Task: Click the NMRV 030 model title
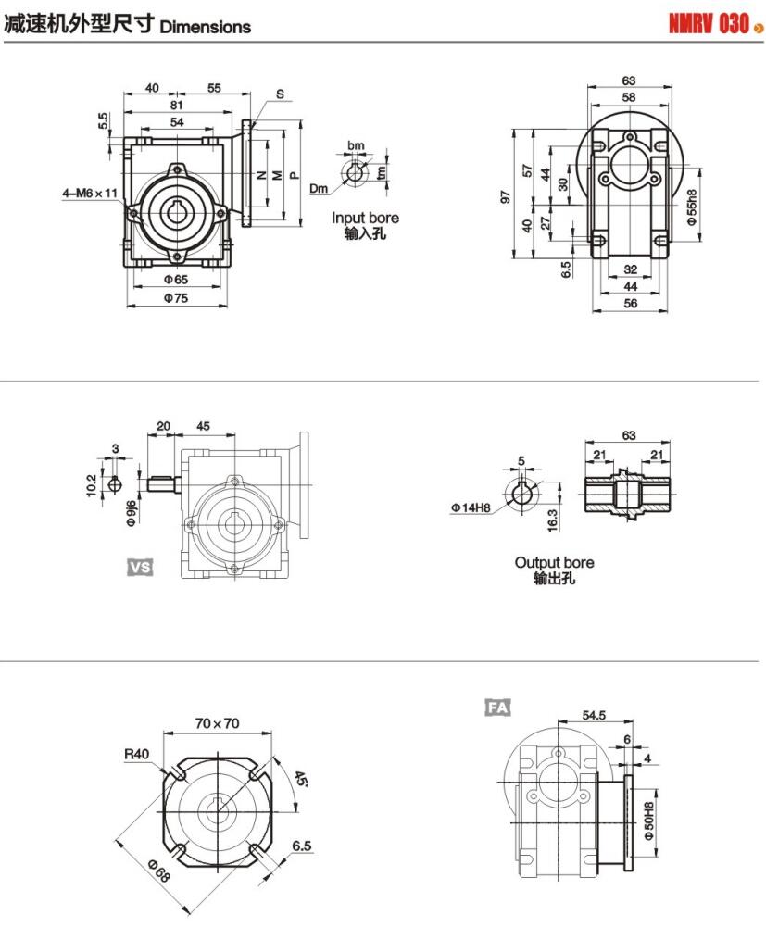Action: coord(708,25)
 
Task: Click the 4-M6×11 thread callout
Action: coord(90,193)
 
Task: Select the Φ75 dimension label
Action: coord(176,297)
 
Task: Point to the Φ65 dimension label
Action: coord(176,279)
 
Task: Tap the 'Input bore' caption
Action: coord(366,218)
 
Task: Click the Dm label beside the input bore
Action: coord(319,188)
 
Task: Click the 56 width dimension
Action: coord(631,304)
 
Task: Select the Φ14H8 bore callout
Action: coord(472,507)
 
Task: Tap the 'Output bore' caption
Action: coord(554,562)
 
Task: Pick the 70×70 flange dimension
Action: coord(218,722)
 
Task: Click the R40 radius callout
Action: coord(137,754)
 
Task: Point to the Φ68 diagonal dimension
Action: coord(160,871)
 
